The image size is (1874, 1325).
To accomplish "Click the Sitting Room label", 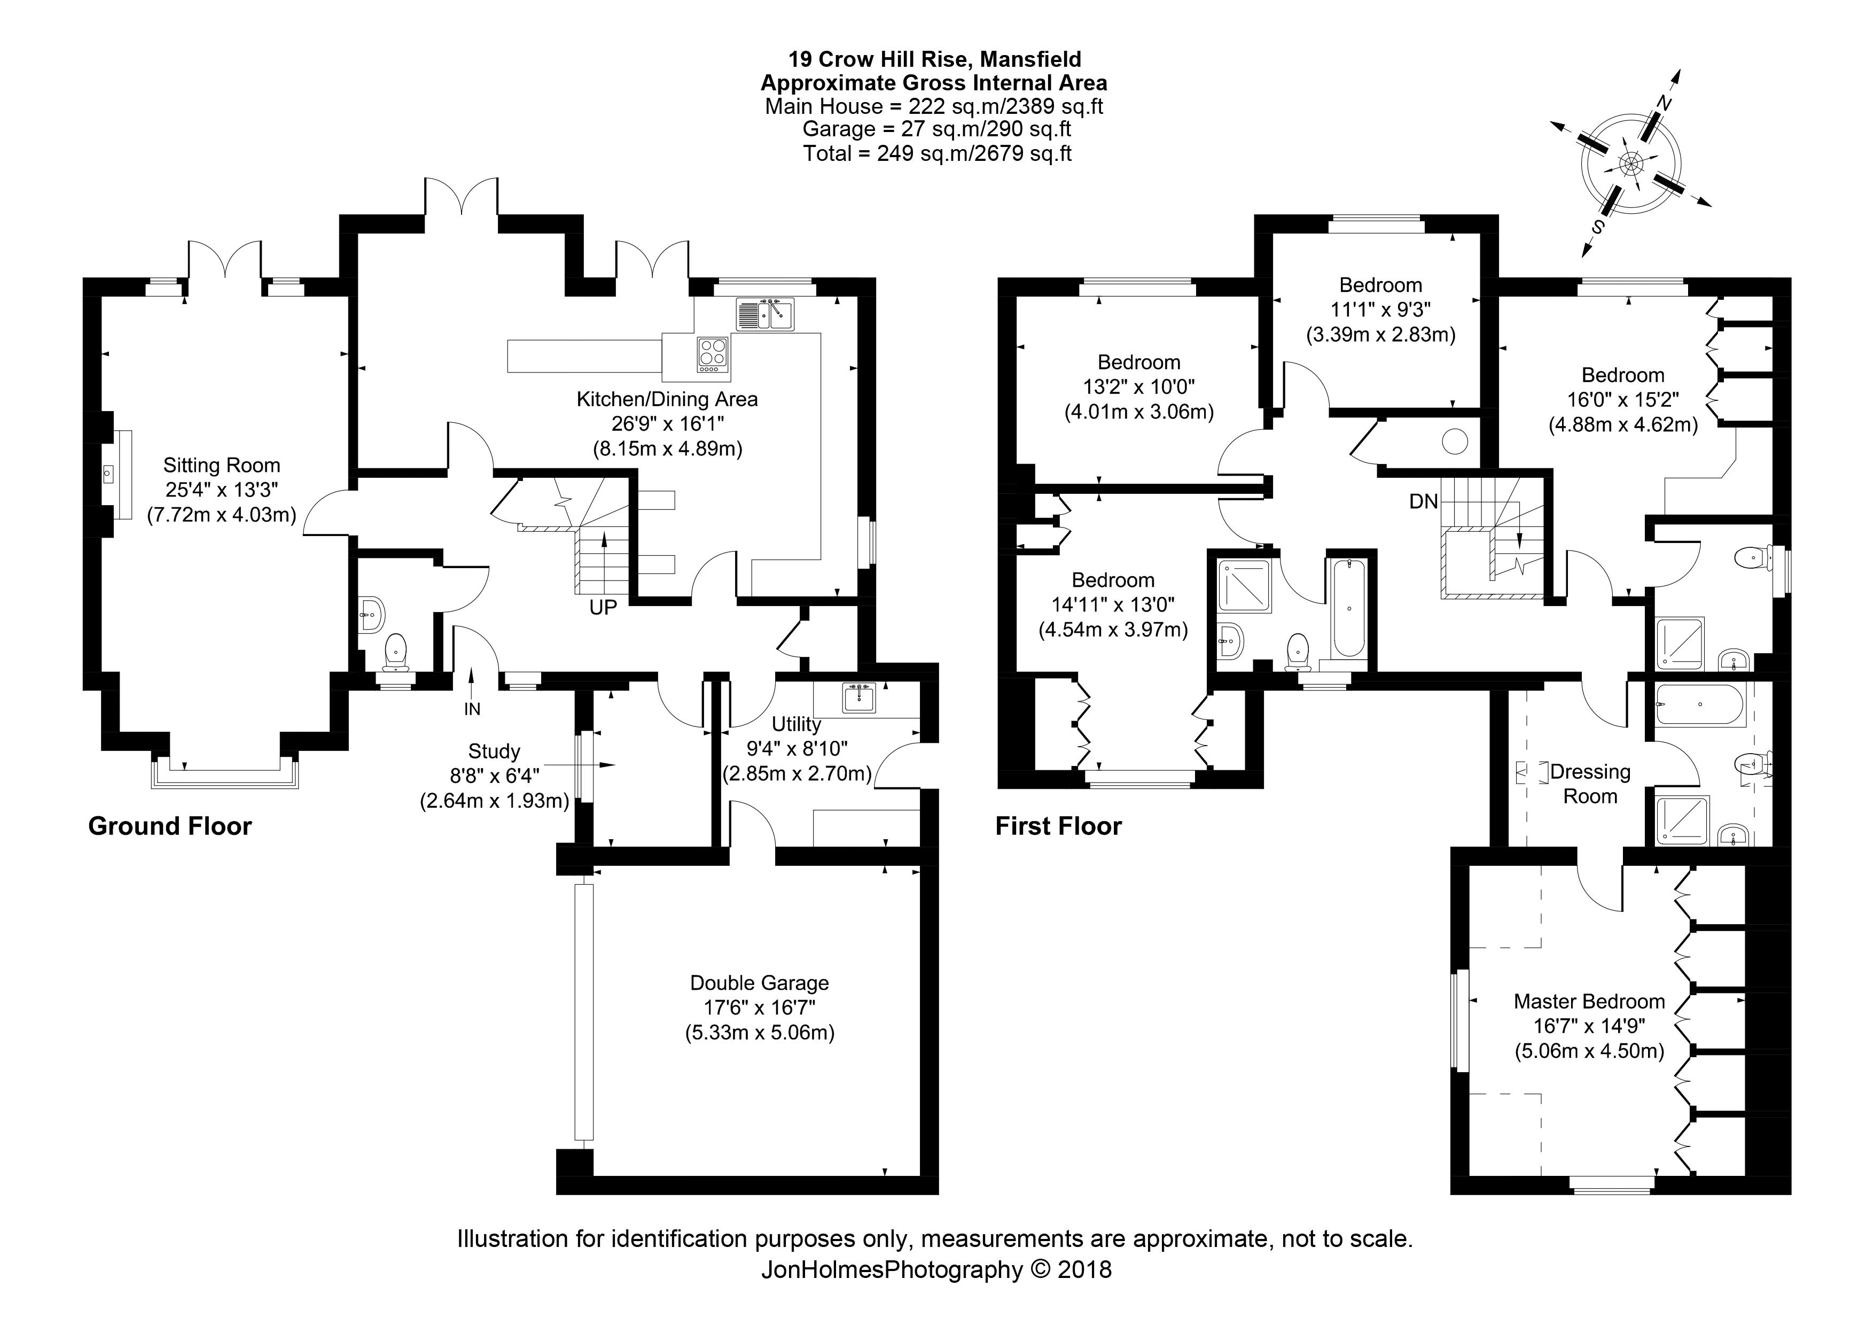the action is (x=221, y=466).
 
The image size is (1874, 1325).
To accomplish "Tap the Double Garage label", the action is (x=759, y=983).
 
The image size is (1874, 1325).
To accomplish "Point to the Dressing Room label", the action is (x=1589, y=784).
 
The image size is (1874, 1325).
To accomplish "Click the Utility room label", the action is (x=796, y=724).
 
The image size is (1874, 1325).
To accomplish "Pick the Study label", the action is (x=494, y=751).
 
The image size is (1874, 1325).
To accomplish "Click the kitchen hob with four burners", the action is (x=713, y=354).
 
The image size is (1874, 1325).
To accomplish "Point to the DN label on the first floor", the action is (x=1424, y=501).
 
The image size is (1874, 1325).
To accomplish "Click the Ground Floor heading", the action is (x=170, y=826).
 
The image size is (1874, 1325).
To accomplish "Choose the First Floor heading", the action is (x=1058, y=826).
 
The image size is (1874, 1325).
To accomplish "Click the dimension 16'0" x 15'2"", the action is (x=1622, y=400).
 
